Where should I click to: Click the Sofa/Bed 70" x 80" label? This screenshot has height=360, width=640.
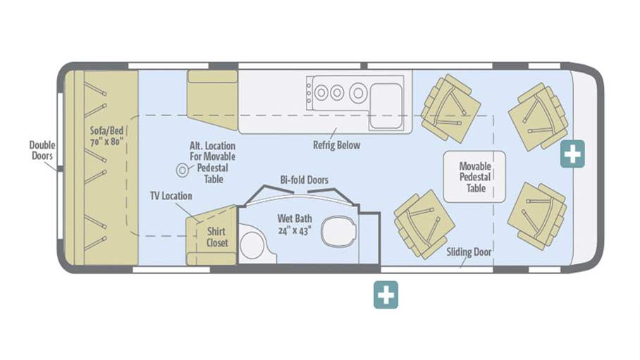(x=106, y=136)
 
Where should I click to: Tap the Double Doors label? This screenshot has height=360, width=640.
(x=42, y=151)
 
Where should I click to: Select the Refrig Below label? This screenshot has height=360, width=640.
(x=336, y=145)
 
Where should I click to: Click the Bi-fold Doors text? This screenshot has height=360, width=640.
(x=304, y=180)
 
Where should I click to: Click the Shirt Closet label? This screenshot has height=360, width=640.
(x=217, y=237)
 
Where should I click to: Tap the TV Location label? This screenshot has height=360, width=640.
(x=171, y=195)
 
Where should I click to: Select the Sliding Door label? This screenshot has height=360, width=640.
(x=468, y=252)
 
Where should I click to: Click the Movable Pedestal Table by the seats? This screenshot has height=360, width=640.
(x=474, y=177)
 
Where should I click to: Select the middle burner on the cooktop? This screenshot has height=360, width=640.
(x=337, y=92)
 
